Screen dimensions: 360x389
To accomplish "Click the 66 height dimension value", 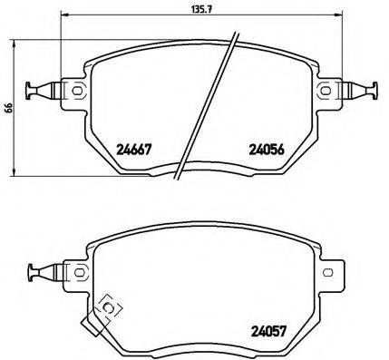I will pyautogui.click(x=8, y=107).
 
